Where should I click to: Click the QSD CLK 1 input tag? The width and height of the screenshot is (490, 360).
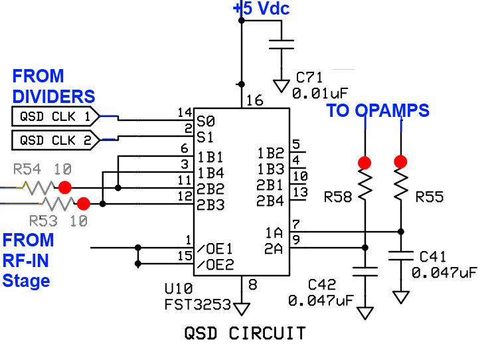[55, 118]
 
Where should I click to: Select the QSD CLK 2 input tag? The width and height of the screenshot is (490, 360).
[55, 140]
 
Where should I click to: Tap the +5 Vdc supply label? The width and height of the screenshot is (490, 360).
[261, 9]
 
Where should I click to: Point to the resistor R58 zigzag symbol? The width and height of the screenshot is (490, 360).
[365, 184]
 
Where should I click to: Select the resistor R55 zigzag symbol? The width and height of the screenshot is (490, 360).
[400, 184]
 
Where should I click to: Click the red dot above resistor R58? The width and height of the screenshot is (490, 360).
[365, 162]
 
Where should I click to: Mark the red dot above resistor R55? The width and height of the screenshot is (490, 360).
[400, 161]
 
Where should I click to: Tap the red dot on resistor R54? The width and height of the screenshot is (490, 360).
[64, 187]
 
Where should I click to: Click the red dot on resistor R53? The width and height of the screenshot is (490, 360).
[83, 203]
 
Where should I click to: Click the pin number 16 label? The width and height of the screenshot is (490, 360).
[254, 101]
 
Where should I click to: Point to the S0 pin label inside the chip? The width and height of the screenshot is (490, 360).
[206, 122]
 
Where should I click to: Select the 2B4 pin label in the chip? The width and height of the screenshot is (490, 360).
[270, 200]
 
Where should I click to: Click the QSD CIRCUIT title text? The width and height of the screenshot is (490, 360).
[245, 332]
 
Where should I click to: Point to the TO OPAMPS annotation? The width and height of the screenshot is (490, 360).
[377, 111]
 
